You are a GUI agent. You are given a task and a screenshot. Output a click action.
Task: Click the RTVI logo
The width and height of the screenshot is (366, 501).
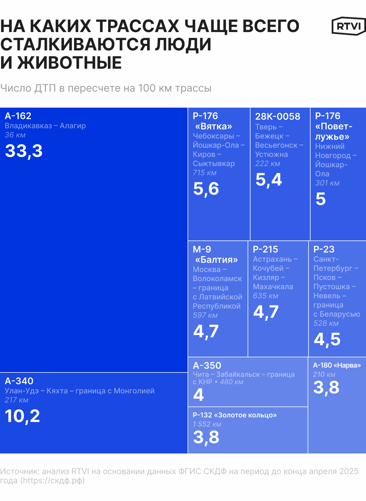tap(349, 26)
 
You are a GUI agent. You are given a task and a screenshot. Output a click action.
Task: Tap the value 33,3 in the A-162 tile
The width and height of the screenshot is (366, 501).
tap(24, 151)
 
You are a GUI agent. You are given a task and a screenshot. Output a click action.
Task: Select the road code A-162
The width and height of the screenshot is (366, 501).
tap(18, 116)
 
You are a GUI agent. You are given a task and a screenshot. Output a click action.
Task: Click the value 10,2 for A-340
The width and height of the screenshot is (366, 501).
tap(22, 416)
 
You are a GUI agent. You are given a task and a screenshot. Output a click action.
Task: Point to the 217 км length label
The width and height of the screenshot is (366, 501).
tap(17, 400)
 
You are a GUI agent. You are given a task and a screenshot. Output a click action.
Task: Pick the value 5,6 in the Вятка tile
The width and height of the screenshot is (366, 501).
tap(206, 189)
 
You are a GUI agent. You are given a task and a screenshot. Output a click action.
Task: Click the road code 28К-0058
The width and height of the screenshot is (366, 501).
tap(278, 117)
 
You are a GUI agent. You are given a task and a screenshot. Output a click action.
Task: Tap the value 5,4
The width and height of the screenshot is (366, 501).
tap(268, 180)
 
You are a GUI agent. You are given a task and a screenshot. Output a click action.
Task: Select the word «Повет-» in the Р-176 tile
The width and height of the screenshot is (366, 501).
tap(334, 126)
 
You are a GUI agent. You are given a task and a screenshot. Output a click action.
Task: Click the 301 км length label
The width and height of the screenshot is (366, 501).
tap(327, 183)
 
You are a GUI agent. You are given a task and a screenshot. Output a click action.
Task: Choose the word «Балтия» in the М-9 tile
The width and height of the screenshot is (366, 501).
tap(216, 260)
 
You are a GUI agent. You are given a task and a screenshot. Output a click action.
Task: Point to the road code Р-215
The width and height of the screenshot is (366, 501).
tap(265, 249)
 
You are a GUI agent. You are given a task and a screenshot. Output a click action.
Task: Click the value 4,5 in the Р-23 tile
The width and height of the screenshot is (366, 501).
tap(327, 339)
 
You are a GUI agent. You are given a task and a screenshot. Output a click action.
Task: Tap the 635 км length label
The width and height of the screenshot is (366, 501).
tap(265, 296)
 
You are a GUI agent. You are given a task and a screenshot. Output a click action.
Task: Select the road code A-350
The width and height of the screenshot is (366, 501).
tap(207, 366)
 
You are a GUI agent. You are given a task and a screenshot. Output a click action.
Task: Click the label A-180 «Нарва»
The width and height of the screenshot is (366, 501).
tap(337, 365)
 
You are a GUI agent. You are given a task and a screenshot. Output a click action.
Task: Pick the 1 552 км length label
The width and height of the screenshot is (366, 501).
tap(207, 424)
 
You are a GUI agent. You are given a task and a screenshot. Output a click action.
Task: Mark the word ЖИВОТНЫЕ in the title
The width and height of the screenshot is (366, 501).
tap(69, 63)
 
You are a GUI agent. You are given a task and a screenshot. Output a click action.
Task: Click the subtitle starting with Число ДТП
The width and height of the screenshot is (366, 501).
tap(106, 88)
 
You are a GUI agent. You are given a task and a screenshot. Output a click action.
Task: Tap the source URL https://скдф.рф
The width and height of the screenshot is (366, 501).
tap(52, 480)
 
